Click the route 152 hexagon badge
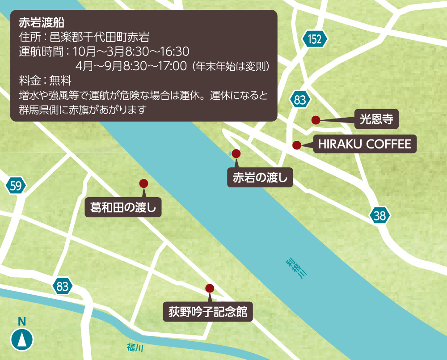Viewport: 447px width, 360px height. coord(315,39)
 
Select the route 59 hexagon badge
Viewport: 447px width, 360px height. coord(16,186)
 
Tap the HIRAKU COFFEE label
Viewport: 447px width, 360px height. coord(364,144)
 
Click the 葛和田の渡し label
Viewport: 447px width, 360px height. coord(123,208)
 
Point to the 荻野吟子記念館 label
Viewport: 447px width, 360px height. coord(208,311)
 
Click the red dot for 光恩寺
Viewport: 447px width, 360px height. coord(316,120)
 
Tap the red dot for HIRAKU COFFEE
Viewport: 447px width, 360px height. coord(296,145)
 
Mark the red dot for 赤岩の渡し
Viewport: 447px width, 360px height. coord(236,154)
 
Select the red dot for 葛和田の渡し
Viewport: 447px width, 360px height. coord(143,183)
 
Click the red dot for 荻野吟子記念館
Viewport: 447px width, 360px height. coord(209,288)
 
